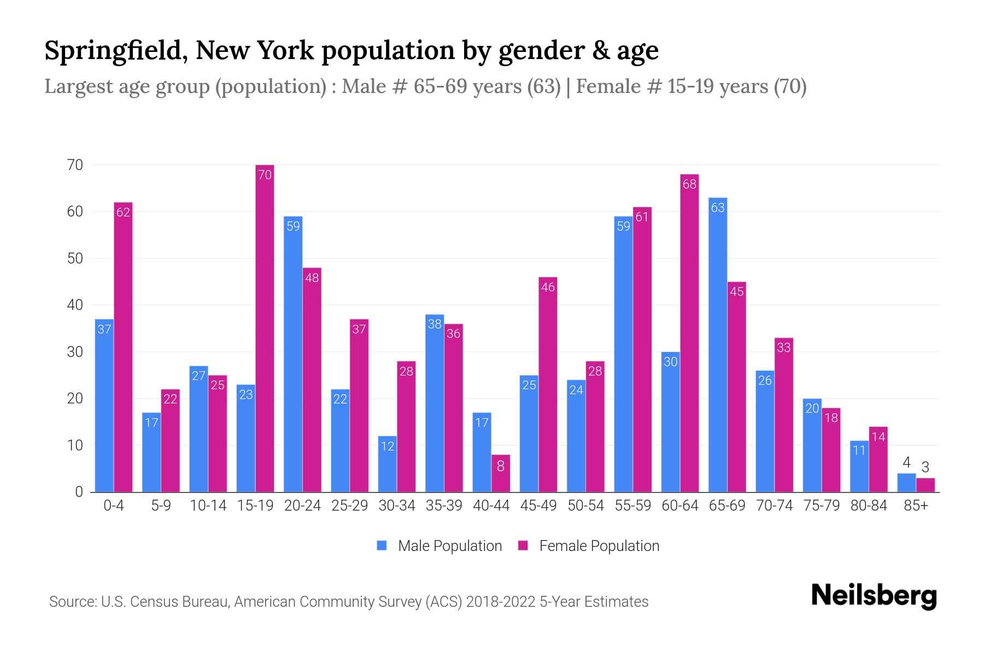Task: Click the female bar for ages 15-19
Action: (265, 328)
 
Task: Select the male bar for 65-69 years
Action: (718, 344)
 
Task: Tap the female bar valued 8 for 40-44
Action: (501, 473)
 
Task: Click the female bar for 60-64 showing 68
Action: (689, 333)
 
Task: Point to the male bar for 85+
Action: (906, 483)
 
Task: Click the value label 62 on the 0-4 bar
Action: (124, 212)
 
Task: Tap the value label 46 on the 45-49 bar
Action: (548, 287)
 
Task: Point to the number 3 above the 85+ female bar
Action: (926, 467)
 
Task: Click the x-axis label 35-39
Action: (444, 506)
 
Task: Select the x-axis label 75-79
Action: (821, 506)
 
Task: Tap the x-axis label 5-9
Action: (161, 506)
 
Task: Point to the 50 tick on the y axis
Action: (75, 259)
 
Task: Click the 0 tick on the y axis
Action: (79, 492)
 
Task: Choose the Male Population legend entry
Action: (440, 546)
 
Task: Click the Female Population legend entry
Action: (589, 546)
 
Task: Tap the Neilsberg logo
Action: (874, 596)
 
